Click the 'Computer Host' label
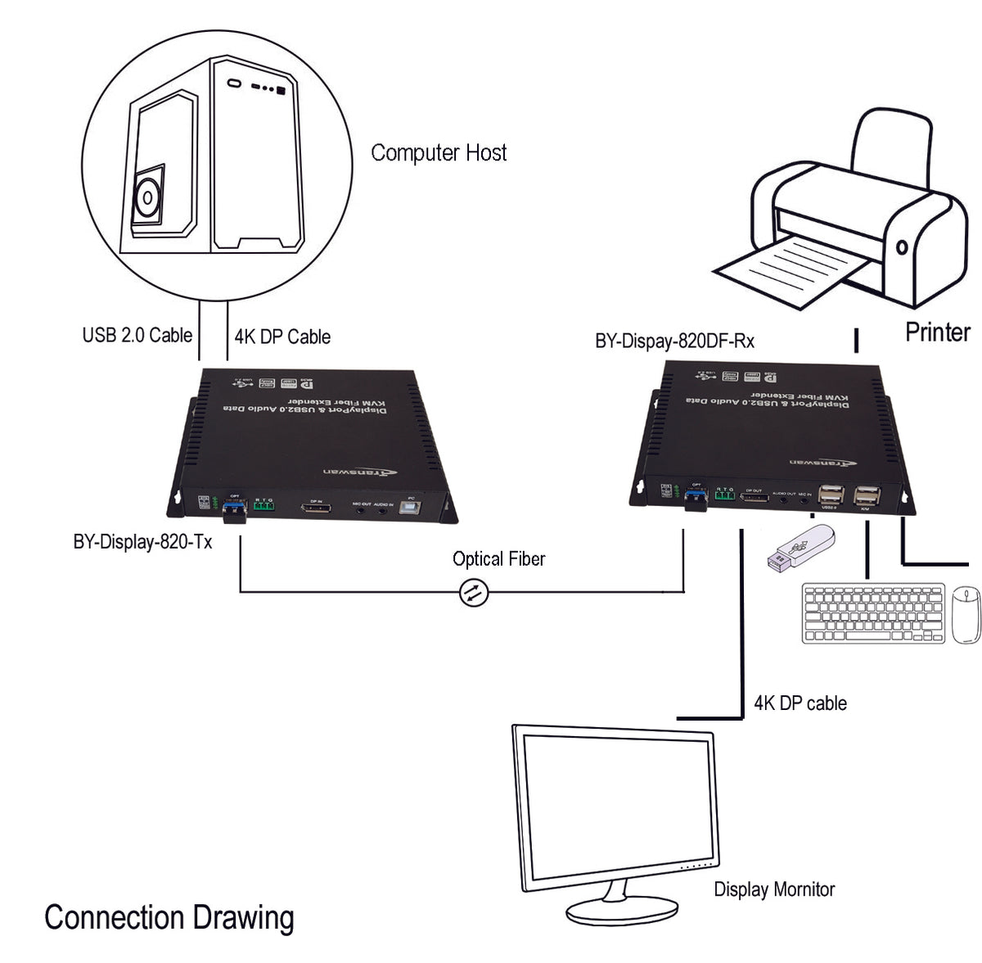tap(439, 153)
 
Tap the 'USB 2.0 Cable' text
tap(137, 335)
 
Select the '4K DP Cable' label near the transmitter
tap(282, 337)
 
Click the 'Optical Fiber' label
tap(498, 559)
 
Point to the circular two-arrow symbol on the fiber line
tap(473, 592)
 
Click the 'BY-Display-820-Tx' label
tap(142, 542)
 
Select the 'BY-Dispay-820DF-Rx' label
tap(674, 341)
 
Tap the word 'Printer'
tap(937, 332)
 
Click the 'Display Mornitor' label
tap(774, 889)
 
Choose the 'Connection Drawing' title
tap(169, 918)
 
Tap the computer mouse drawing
tap(966, 614)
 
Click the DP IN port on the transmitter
tap(315, 510)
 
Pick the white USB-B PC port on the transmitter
tap(407, 509)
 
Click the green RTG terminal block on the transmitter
tap(264, 507)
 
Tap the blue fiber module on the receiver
tap(696, 500)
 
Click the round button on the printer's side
tap(902, 246)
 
